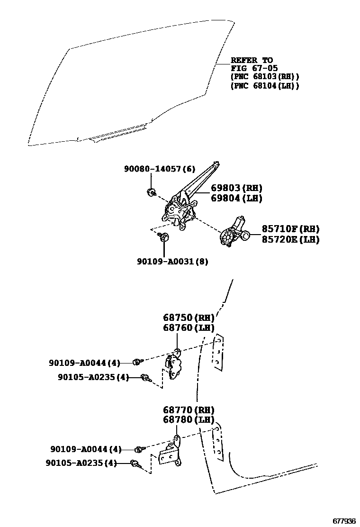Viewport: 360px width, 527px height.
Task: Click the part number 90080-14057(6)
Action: (x=160, y=169)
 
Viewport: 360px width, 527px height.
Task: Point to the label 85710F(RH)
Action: (x=290, y=229)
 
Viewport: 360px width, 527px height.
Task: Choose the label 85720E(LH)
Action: (x=290, y=240)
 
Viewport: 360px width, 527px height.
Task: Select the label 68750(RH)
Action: (x=189, y=318)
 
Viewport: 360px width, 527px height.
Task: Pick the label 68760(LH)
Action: (x=189, y=328)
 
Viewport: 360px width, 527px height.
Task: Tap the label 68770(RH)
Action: (x=189, y=410)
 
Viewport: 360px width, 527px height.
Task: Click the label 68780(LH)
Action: (x=189, y=420)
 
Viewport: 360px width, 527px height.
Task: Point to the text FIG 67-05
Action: (x=254, y=68)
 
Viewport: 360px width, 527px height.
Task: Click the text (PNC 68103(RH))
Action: (x=265, y=77)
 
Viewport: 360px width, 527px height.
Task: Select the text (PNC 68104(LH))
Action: (x=265, y=86)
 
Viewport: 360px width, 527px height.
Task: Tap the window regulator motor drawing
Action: (x=235, y=232)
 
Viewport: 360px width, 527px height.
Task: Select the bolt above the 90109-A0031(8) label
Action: (x=164, y=237)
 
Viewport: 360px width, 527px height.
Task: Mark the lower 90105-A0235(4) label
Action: (x=81, y=463)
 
